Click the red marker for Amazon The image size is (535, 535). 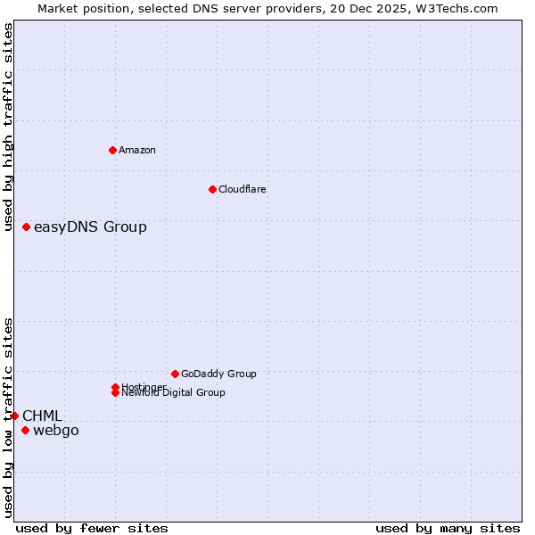112,150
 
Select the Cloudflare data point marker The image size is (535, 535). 212,189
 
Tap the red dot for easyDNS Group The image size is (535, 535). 27,227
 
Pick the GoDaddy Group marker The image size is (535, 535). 175,374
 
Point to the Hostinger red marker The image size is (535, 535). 116,387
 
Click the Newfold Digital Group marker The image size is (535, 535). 116,393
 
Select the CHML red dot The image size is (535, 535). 14,416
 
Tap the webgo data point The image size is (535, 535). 25,431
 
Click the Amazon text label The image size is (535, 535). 137,150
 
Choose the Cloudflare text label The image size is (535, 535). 243,189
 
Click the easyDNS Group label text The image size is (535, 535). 90,227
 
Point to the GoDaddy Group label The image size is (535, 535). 218,374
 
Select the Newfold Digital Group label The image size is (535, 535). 174,393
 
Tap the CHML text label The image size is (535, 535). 42,416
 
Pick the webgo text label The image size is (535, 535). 56,431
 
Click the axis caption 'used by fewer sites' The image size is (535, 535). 92,528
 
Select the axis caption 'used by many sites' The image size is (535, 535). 448,528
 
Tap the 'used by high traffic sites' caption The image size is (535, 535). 9,127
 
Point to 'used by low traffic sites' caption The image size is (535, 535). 9,417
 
